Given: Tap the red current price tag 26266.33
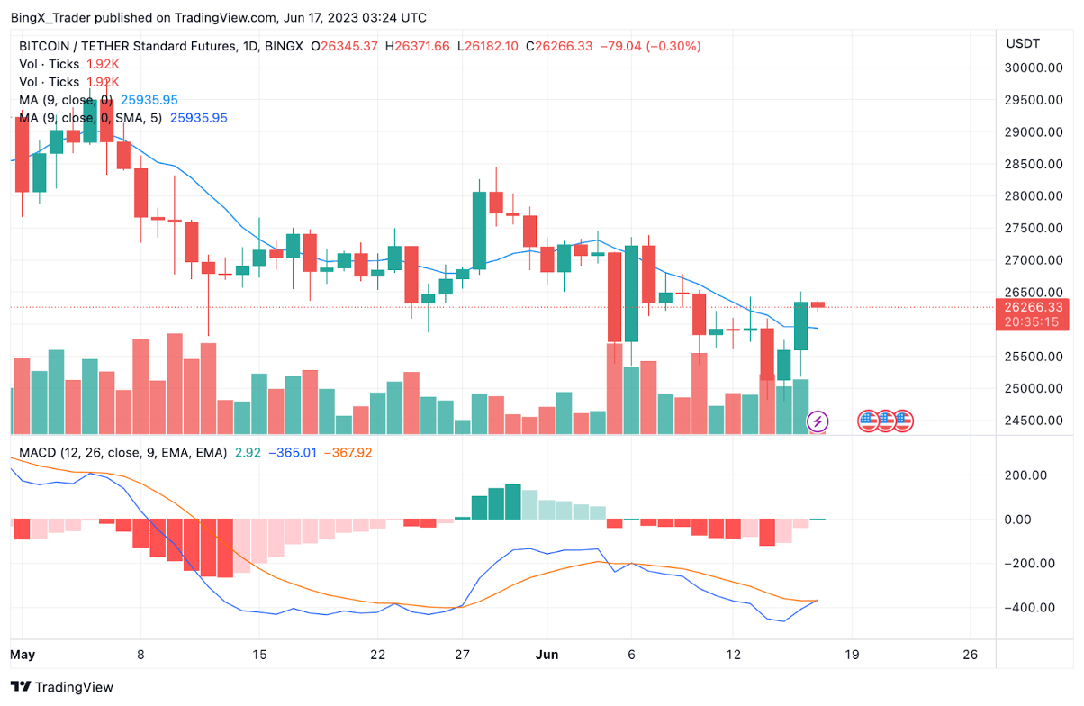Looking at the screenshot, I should click(x=1030, y=307).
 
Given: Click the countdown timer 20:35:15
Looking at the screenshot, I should click(x=1030, y=322).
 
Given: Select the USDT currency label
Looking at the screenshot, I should click(x=1023, y=43).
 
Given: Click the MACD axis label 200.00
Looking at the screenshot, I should click(x=1028, y=475).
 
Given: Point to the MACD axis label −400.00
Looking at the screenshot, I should click(x=1026, y=608).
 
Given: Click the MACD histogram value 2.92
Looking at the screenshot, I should click(x=248, y=452).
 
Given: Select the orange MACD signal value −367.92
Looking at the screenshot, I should click(x=347, y=452).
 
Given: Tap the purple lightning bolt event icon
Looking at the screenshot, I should click(x=818, y=421).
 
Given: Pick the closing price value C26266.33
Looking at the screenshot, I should click(x=559, y=46).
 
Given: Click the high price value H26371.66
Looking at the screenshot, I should click(x=417, y=46).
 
